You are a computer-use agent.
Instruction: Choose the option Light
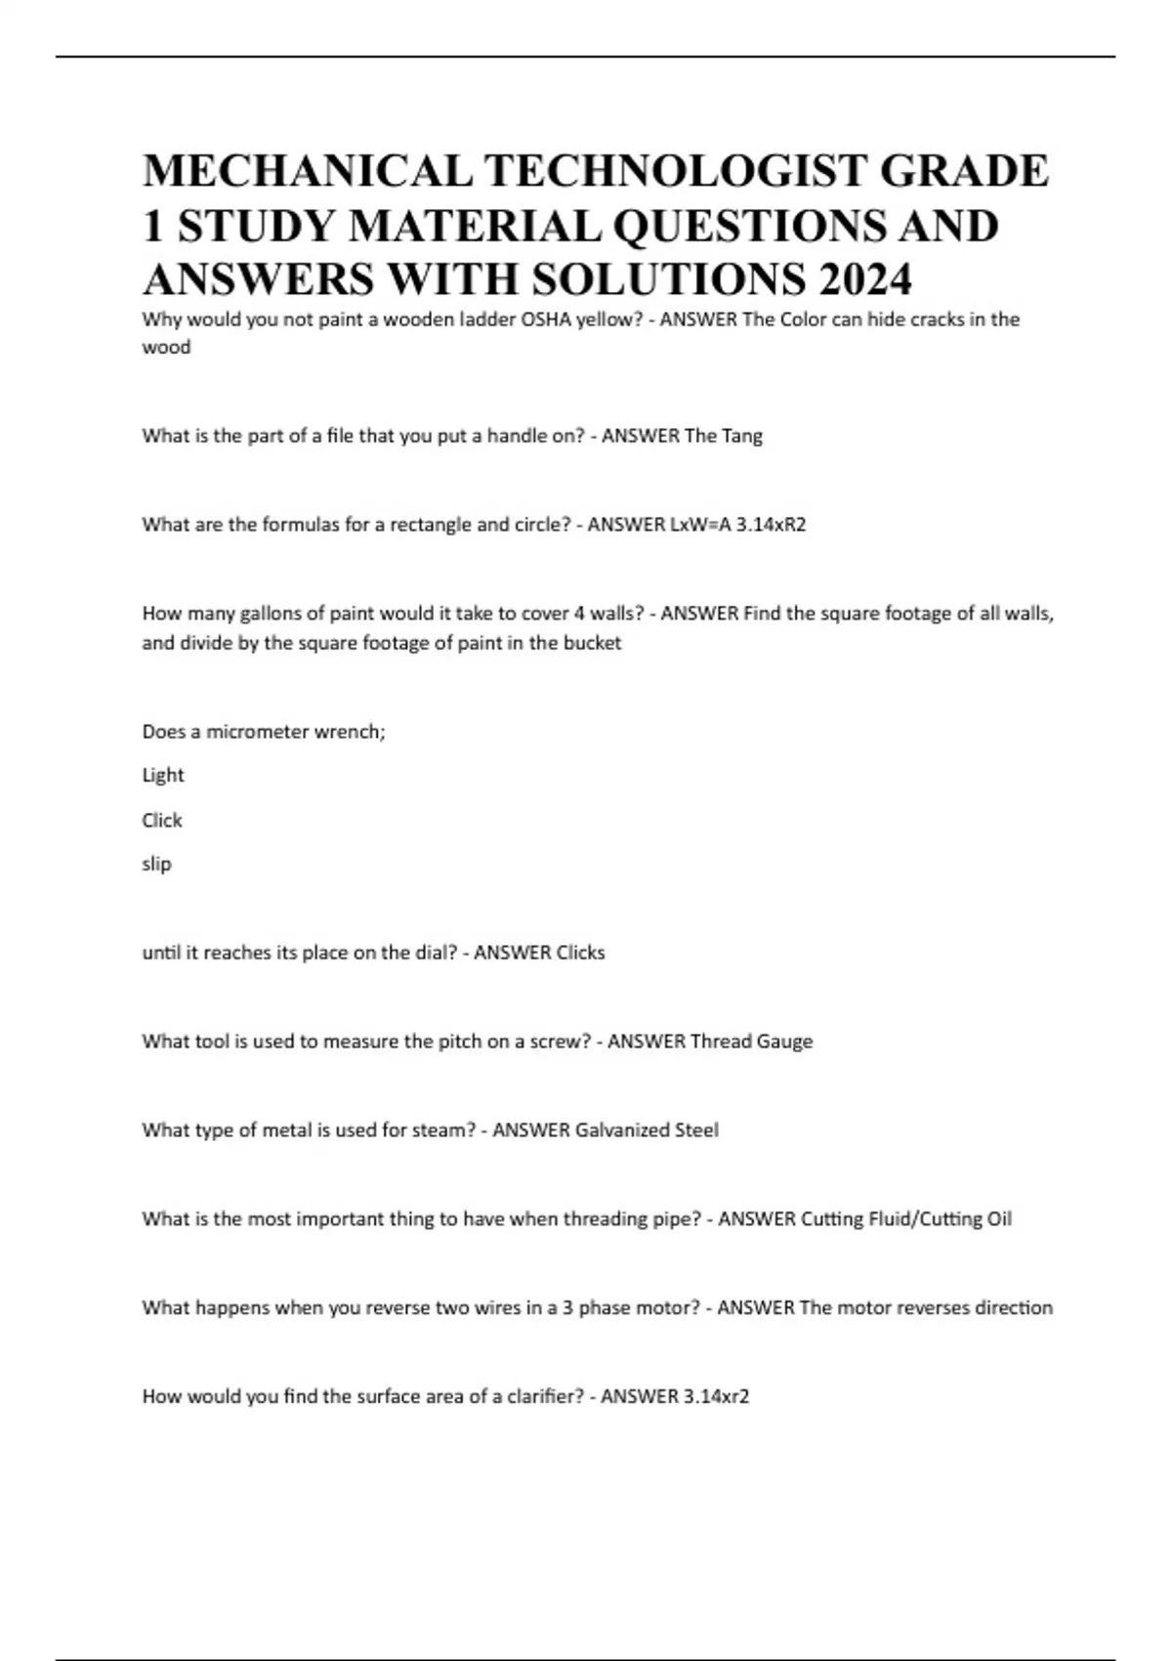point(163,775)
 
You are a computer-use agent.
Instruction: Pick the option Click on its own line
point(162,820)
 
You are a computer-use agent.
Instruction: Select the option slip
point(156,864)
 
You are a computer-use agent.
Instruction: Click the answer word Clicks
point(566,953)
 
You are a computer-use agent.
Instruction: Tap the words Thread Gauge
point(751,1042)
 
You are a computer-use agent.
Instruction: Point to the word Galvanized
point(623,1130)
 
